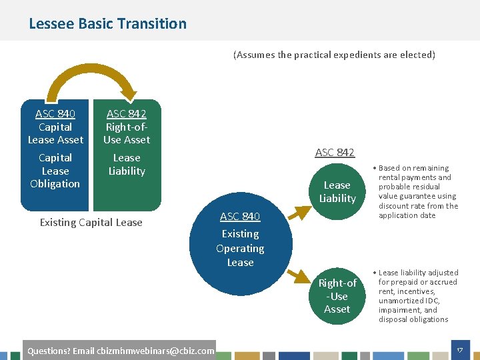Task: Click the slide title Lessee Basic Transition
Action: tap(107, 24)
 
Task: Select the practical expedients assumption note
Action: tap(333, 55)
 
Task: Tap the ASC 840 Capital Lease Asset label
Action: tap(55, 127)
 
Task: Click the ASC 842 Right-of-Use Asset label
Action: tap(127, 127)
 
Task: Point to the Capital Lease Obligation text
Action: tap(55, 171)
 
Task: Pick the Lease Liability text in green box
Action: tap(127, 165)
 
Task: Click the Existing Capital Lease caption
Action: tap(91, 223)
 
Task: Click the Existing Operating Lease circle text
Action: tap(240, 248)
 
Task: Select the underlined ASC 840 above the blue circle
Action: tap(240, 216)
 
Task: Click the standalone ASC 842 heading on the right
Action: tap(335, 153)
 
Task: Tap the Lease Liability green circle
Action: tap(337, 192)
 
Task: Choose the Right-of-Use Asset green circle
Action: tap(337, 296)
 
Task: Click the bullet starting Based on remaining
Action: tap(417, 192)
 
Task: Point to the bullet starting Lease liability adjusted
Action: tap(417, 296)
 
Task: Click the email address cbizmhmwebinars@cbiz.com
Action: tap(155, 351)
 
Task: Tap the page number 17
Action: tap(459, 350)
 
